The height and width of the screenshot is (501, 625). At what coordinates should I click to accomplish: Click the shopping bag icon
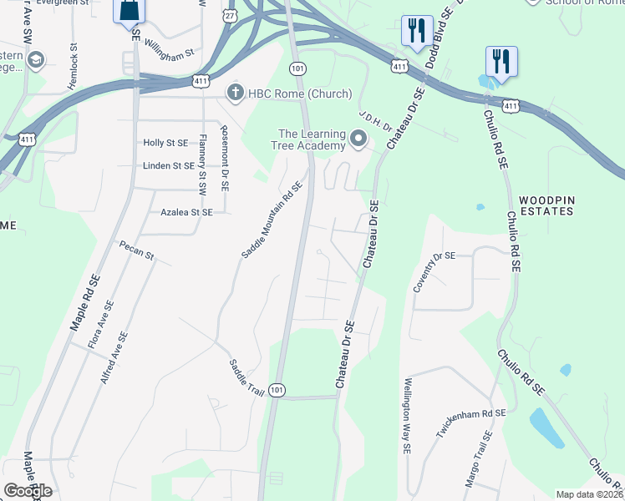(x=130, y=11)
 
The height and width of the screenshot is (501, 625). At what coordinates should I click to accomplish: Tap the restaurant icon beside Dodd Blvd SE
(x=416, y=31)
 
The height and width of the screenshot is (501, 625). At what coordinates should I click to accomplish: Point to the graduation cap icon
(x=36, y=60)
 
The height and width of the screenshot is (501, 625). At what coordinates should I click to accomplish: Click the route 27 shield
(x=229, y=16)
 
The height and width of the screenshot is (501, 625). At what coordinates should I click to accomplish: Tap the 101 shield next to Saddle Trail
(x=277, y=390)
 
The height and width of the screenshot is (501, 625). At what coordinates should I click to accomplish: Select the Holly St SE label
(x=165, y=144)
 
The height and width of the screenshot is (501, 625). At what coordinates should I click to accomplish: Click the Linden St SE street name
(x=169, y=166)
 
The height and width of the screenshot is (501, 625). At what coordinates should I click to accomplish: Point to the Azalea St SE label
(x=186, y=213)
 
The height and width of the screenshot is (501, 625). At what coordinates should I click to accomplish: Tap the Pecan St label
(x=137, y=251)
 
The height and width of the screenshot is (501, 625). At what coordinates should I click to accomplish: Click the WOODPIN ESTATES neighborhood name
(x=546, y=205)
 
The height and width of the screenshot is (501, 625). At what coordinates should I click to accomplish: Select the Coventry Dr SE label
(x=434, y=272)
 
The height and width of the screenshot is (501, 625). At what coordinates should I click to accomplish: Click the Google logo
(x=28, y=491)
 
